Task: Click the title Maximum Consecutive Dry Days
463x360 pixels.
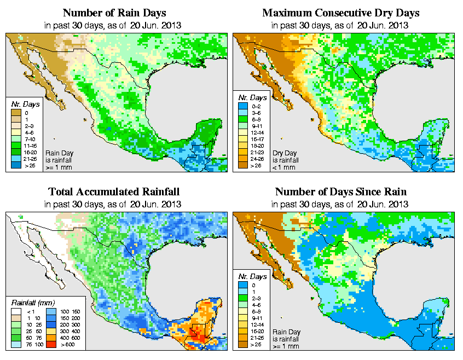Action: (x=341, y=13)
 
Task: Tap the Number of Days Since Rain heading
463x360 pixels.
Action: (x=341, y=192)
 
